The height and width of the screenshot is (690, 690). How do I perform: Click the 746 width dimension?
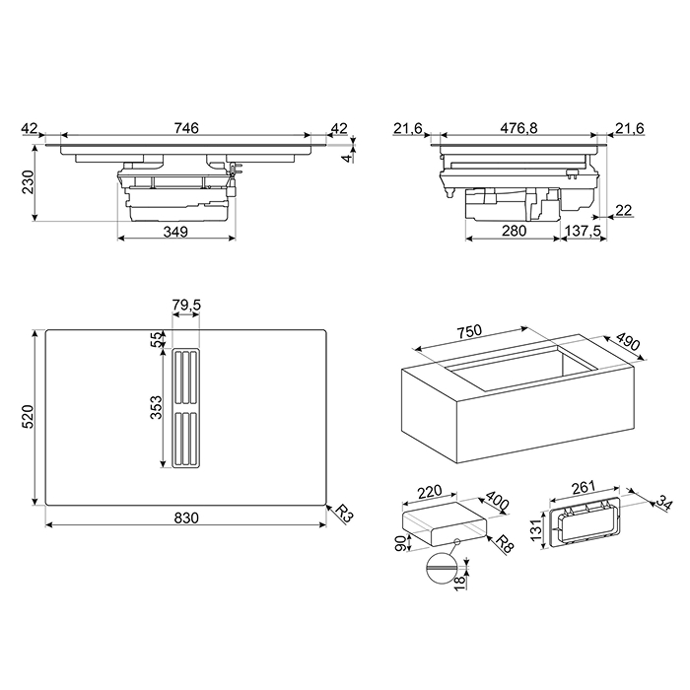[186, 127]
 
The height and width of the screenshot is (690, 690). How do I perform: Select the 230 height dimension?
[28, 181]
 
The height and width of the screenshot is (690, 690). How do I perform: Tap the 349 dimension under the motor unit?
[175, 231]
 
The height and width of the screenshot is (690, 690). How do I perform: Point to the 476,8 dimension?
[518, 128]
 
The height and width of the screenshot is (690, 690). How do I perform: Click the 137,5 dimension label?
[584, 231]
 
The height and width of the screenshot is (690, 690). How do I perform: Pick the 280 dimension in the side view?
[514, 231]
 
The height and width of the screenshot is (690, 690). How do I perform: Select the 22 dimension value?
[624, 210]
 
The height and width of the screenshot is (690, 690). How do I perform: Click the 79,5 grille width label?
[186, 305]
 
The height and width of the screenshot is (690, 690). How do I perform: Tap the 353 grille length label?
[156, 407]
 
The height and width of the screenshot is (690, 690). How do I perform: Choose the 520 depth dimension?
[28, 417]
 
